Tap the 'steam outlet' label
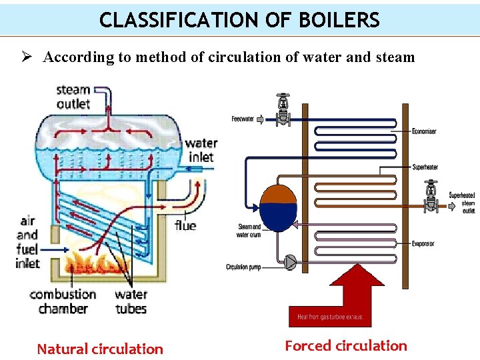click(73, 97)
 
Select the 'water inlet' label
click(201, 150)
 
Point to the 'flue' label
click(185, 225)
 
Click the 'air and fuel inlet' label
click(27, 241)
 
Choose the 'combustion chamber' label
click(63, 301)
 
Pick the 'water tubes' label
click(131, 301)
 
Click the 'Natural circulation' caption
click(100, 349)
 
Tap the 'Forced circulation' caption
click(345, 345)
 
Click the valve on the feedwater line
click(283, 111)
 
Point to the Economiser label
click(424, 131)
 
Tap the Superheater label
click(425, 167)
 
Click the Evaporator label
click(423, 244)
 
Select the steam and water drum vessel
click(277, 207)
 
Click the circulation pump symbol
click(291, 262)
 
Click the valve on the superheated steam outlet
click(431, 195)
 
